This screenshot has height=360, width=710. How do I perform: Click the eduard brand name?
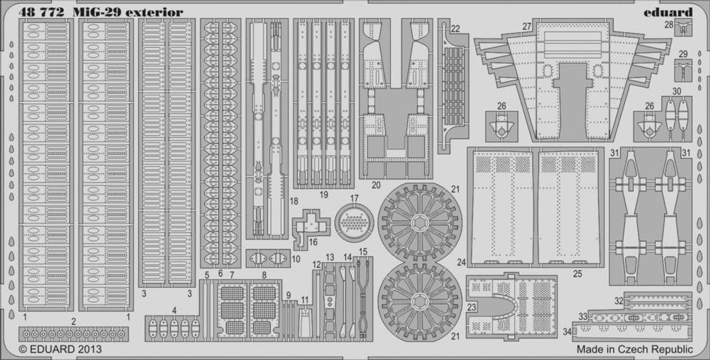(668, 13)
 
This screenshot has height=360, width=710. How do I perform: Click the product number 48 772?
(41, 13)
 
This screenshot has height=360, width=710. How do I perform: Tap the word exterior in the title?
(154, 13)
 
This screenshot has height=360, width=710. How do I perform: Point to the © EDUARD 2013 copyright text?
(60, 349)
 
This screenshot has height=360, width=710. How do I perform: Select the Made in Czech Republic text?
(635, 349)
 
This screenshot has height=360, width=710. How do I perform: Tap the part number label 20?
(376, 185)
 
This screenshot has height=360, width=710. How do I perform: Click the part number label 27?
(526, 27)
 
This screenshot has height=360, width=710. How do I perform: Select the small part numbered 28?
(683, 27)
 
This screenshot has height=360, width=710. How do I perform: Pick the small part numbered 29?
(683, 70)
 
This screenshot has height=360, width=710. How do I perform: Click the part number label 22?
(455, 29)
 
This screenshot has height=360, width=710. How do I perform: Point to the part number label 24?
(461, 262)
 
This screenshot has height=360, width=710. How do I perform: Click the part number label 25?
(577, 274)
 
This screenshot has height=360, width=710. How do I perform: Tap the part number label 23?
(471, 307)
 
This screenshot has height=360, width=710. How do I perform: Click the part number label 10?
(296, 259)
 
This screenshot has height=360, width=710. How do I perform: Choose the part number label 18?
(294, 201)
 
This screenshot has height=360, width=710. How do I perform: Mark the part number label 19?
(323, 195)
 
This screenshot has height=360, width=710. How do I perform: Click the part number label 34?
(567, 332)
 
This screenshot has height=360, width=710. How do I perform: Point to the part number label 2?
(74, 322)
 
